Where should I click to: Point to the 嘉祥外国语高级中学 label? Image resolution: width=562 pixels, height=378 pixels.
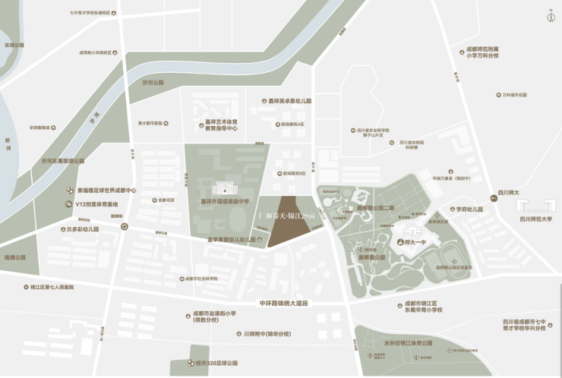[x=224, y=202]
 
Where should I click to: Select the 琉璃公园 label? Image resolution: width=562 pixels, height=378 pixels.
[x=15, y=257]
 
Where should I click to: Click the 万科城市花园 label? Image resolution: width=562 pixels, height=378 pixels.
[x=514, y=95]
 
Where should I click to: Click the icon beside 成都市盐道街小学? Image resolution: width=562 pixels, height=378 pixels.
[x=188, y=313]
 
